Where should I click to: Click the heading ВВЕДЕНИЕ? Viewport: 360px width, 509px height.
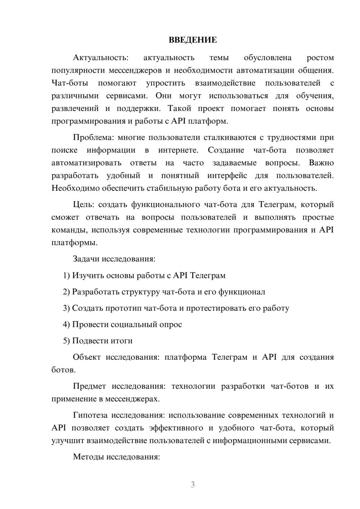(193, 40)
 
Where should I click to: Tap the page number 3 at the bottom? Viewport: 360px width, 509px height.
(193, 485)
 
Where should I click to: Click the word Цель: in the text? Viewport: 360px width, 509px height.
(84, 204)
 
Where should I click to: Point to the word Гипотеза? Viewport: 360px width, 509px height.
(90, 415)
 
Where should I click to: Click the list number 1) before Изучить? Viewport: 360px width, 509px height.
(66, 275)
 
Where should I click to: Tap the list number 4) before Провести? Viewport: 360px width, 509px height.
(66, 324)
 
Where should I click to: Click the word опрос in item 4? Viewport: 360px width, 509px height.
(171, 324)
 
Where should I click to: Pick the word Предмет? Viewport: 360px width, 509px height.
(89, 386)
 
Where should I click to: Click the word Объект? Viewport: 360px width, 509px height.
(87, 357)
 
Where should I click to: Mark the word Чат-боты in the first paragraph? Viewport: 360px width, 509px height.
(70, 83)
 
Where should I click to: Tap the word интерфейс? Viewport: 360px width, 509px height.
(227, 176)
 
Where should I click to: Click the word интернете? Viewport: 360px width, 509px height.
(177, 150)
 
